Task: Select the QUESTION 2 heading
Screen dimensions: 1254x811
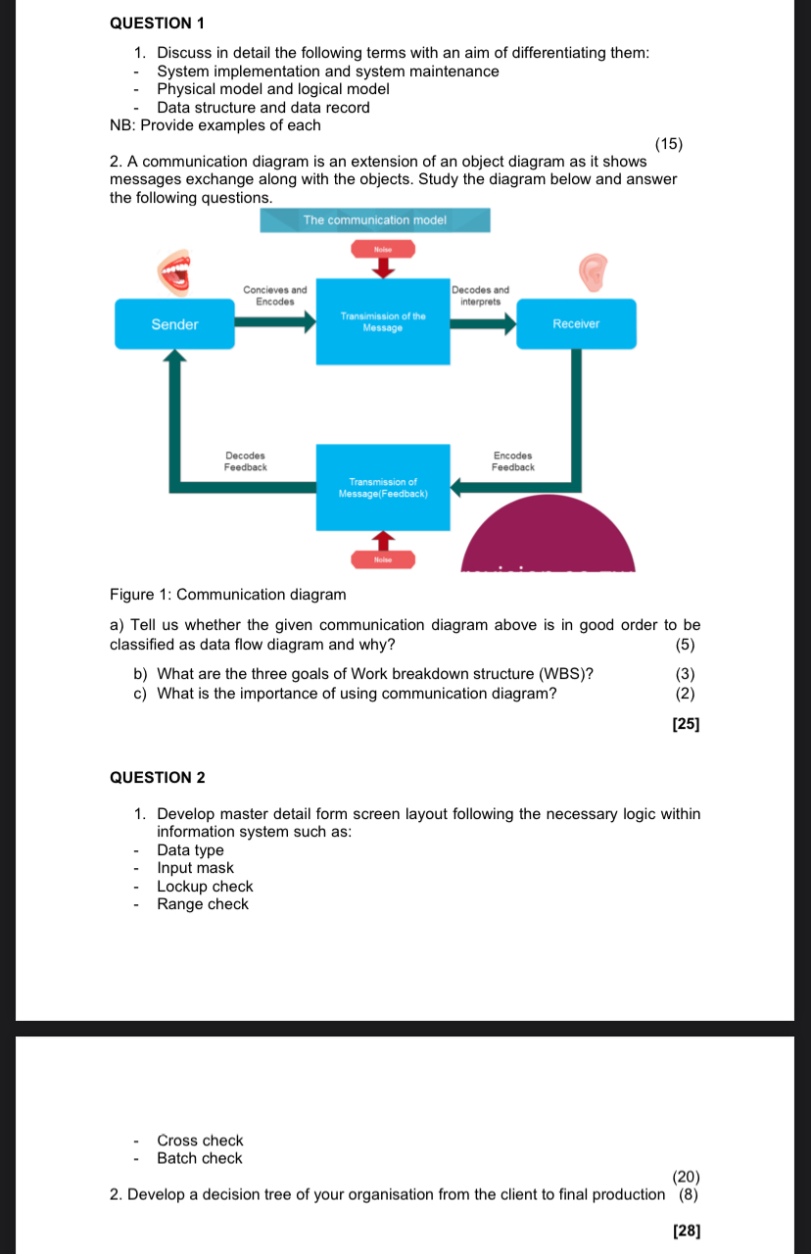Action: [158, 777]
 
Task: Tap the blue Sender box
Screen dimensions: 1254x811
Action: [174, 324]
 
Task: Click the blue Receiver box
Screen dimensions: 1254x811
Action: [576, 324]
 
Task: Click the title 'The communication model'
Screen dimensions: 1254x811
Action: [374, 220]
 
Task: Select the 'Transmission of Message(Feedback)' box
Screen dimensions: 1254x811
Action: [383, 487]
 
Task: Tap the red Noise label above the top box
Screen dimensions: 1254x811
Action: [383, 250]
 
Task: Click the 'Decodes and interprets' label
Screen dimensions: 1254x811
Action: [481, 296]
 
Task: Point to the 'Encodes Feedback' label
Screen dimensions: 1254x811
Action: [513, 461]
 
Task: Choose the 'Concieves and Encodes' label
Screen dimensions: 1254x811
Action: [274, 296]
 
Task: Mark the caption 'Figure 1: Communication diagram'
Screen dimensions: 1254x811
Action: [228, 595]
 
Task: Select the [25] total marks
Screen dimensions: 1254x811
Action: [686, 724]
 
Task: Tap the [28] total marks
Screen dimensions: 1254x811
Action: [687, 1230]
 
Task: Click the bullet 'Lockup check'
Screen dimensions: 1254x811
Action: [205, 887]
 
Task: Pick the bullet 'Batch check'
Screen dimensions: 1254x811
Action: [199, 1158]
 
